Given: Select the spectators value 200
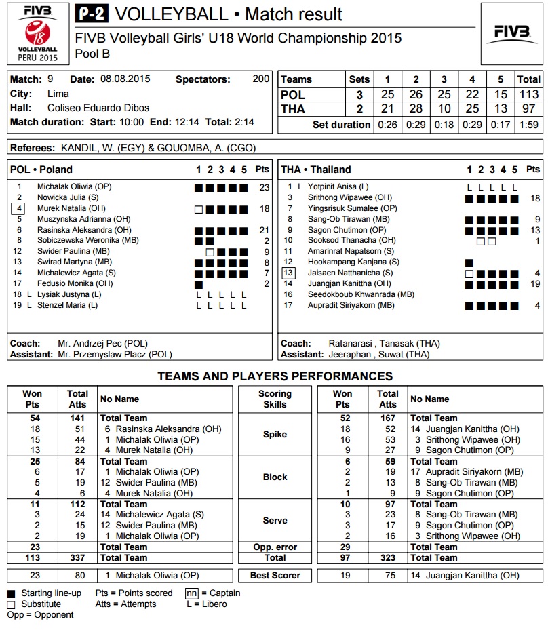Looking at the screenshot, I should pyautogui.click(x=261, y=79).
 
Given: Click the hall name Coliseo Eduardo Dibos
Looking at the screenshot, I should pyautogui.click(x=98, y=108).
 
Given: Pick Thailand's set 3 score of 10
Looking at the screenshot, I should pyautogui.click(x=445, y=109).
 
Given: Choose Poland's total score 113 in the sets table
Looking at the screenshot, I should pyautogui.click(x=528, y=95).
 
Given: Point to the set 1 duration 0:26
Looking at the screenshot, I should pyautogui.click(x=388, y=125).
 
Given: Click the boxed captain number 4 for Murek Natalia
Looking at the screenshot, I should pyautogui.click(x=20, y=209).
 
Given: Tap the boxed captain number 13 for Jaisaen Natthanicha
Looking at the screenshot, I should pyautogui.click(x=289, y=273).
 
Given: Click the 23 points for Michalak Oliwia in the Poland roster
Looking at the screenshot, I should pyautogui.click(x=264, y=186).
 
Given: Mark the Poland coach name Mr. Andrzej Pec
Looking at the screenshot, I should pyautogui.click(x=102, y=344).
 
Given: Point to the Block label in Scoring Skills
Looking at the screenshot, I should pyautogui.click(x=275, y=477).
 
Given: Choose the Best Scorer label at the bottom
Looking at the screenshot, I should pyautogui.click(x=275, y=576).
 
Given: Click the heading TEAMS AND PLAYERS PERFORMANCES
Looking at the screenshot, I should pyautogui.click(x=275, y=376).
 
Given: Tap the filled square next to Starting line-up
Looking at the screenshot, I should pyautogui.click(x=12, y=593).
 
